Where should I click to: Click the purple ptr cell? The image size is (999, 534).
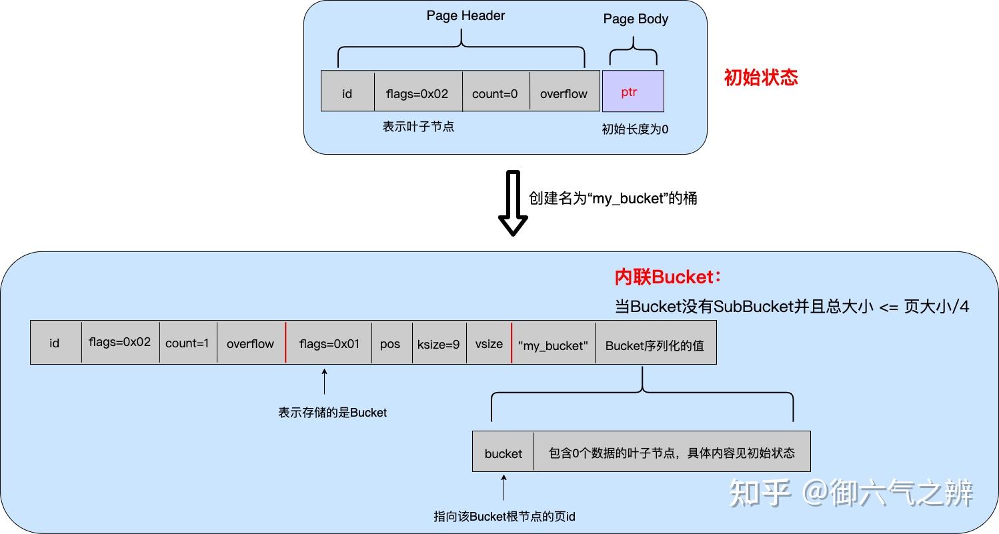(x=633, y=91)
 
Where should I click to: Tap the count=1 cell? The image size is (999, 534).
(x=187, y=343)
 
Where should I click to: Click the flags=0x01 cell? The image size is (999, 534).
(x=329, y=343)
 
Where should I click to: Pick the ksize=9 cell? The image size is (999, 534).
(x=439, y=343)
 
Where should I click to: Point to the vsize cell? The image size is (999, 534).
(x=489, y=343)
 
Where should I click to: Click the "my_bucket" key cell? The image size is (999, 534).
(x=553, y=344)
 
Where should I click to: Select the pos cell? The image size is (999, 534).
(x=390, y=343)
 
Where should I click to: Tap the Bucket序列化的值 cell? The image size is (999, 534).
(x=655, y=344)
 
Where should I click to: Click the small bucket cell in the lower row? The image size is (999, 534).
(x=503, y=452)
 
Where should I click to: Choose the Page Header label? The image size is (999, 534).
(x=465, y=15)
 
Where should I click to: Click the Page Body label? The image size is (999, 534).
(x=636, y=19)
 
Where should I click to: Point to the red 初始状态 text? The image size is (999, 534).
(x=761, y=77)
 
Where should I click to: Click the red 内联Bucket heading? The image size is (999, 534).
(x=668, y=277)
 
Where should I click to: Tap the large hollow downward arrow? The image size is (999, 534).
(x=513, y=203)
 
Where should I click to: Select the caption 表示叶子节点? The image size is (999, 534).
(x=418, y=126)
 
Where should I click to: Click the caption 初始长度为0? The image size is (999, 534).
(x=635, y=129)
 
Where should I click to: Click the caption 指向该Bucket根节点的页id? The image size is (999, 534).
(x=504, y=516)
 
